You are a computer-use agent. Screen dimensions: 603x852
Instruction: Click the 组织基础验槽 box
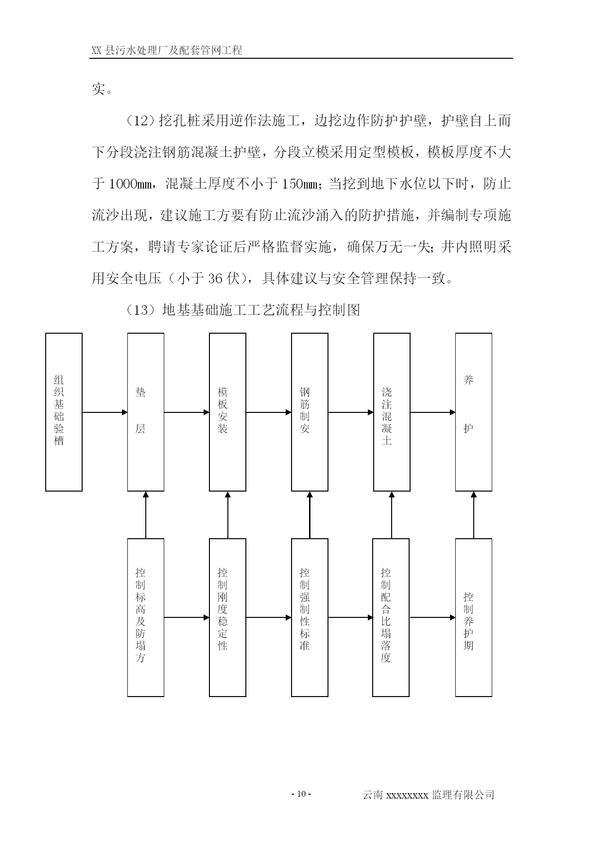64,412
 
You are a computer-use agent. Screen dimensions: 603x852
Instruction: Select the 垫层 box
146,412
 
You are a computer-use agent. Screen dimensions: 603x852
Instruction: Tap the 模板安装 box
227,412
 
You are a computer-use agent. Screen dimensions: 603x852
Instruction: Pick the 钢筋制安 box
310,412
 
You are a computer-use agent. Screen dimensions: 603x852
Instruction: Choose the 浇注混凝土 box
392,412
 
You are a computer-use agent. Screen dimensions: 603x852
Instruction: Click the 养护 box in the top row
474,412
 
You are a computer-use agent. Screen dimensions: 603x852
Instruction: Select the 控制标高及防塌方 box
146,617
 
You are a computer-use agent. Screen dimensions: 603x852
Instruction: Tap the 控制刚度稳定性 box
227,617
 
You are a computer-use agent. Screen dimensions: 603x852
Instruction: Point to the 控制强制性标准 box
310,617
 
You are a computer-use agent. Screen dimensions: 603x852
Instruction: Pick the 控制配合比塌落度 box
391,617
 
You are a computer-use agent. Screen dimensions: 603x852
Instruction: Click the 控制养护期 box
474,617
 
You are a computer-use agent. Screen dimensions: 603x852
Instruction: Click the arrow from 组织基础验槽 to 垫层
105,412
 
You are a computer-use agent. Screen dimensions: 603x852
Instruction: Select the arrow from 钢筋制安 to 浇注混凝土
351,412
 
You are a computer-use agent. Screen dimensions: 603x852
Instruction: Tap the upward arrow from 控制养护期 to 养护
474,515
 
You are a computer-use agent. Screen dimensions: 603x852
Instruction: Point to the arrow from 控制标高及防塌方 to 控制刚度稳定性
187,618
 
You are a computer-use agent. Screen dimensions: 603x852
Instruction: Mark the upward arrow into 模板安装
228,515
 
